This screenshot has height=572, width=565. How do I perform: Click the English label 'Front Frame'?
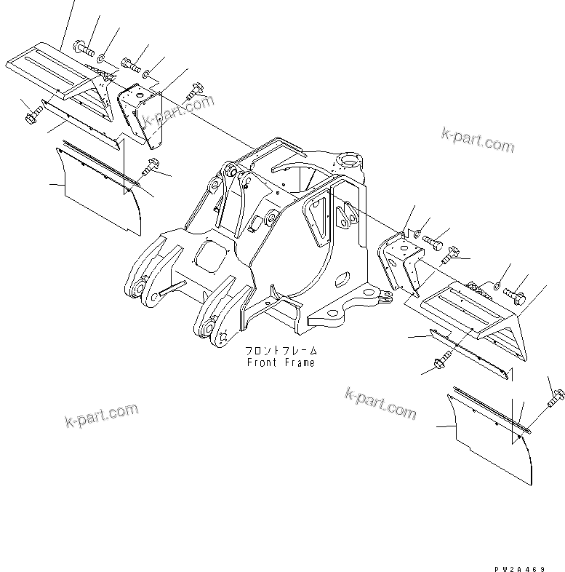pos(281,362)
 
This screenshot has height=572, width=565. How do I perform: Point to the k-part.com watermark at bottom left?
pos(101,416)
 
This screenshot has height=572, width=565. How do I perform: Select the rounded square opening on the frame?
pos(211,258)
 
